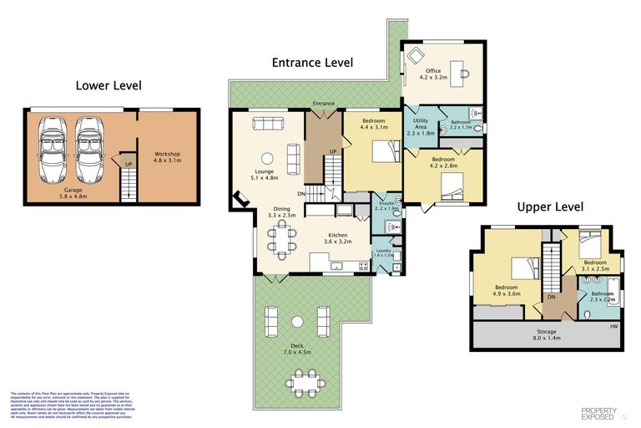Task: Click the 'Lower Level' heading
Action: (109, 85)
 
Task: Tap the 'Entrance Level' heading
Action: (312, 63)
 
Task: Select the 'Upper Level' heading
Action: (549, 206)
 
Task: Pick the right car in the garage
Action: (90, 150)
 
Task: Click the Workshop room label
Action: (167, 157)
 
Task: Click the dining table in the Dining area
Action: (281, 238)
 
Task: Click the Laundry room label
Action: (383, 252)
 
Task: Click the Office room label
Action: (433, 74)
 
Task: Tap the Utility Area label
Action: (420, 125)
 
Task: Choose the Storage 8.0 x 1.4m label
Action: (547, 335)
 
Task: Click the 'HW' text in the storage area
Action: (613, 326)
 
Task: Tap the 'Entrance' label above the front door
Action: (323, 104)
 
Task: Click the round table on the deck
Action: (297, 321)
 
